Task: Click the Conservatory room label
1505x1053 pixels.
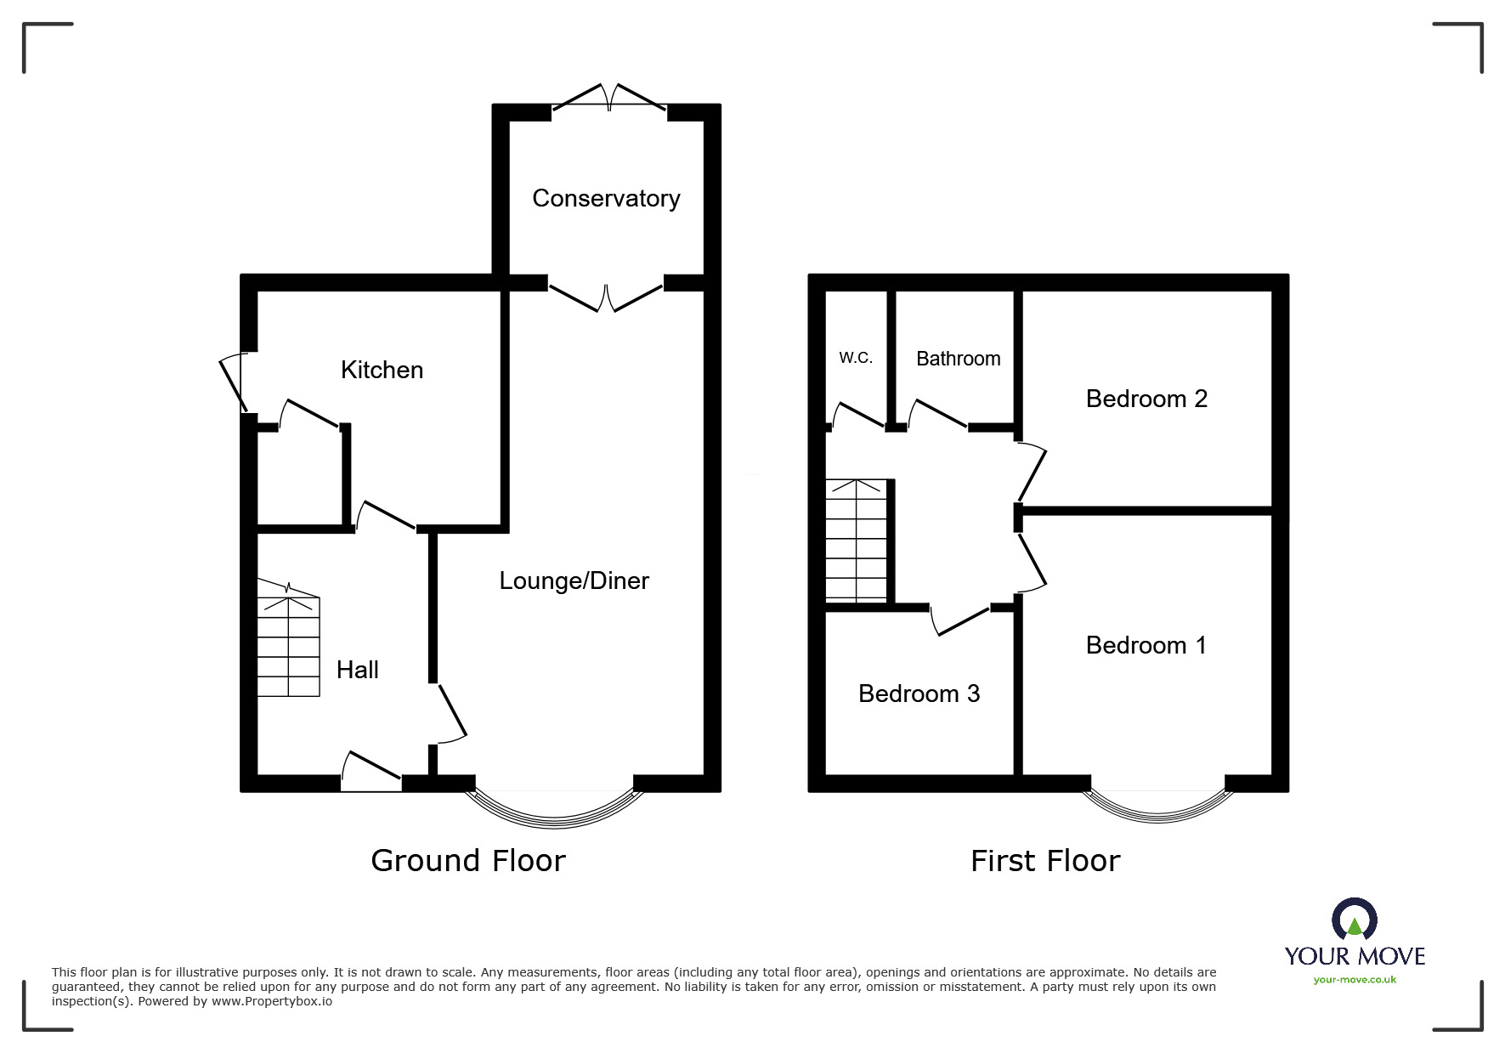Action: point(606,199)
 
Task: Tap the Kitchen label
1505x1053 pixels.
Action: point(382,370)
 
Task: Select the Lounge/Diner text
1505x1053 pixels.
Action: point(574,581)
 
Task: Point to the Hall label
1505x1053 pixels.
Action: point(357,670)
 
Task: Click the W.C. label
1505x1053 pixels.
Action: point(856,358)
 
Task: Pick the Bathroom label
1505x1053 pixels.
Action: point(958,359)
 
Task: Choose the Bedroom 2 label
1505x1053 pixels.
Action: point(1146,399)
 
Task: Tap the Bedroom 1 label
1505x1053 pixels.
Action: point(1146,645)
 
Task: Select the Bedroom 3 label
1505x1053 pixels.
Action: point(919,694)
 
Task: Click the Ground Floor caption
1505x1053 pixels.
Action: point(468,861)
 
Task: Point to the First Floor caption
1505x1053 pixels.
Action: point(1045,861)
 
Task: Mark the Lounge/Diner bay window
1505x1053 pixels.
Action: point(554,812)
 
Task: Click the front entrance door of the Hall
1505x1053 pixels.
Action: point(371,773)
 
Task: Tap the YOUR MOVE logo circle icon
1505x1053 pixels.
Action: point(1354,920)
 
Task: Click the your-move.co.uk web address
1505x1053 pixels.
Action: point(1355,980)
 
